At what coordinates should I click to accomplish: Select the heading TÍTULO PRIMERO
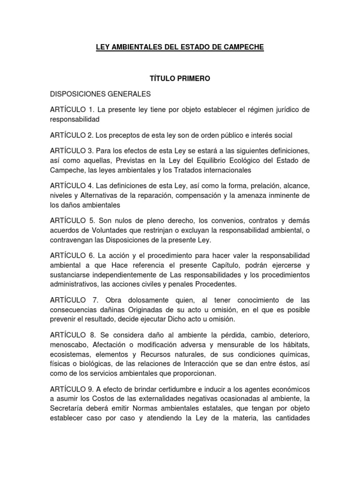180,78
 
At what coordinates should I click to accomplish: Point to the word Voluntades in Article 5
96,230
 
